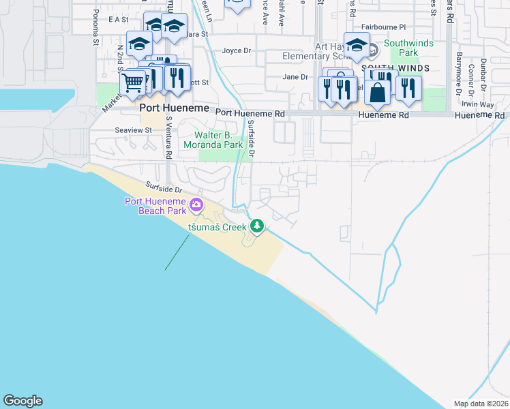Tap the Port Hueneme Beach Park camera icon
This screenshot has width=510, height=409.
coord(197,204)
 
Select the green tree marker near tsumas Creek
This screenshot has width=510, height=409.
coord(257,225)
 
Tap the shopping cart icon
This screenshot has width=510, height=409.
coord(132,83)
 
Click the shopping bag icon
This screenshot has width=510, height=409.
coord(377,91)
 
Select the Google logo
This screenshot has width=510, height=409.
coord(22,401)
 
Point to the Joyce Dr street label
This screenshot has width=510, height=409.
coord(237,50)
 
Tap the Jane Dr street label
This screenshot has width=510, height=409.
coord(296,77)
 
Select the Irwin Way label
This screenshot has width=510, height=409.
coord(477,104)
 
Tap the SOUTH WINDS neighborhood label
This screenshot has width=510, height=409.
coord(395,68)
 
